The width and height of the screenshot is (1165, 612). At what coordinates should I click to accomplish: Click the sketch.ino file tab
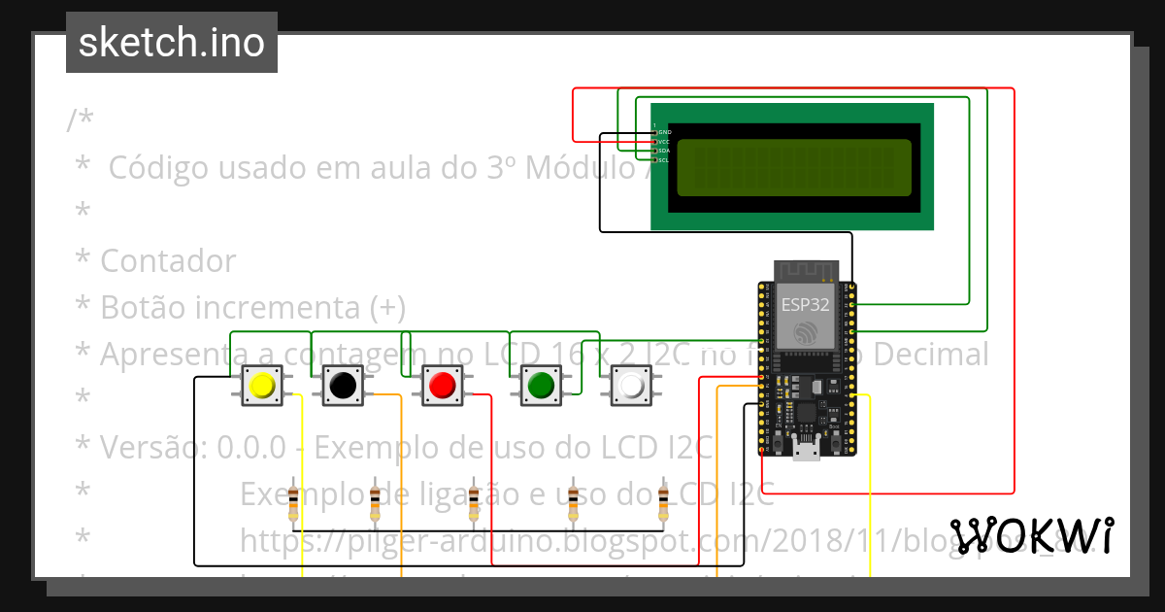(172, 43)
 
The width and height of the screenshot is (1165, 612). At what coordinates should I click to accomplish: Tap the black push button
(342, 386)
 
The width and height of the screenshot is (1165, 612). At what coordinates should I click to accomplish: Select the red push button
(442, 386)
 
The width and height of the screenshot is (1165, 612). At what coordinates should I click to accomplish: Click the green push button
(540, 386)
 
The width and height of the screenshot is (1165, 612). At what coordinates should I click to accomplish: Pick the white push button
(631, 386)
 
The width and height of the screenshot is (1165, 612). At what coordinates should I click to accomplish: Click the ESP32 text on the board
(806, 303)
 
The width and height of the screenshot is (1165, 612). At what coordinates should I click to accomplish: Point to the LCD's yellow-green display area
(793, 167)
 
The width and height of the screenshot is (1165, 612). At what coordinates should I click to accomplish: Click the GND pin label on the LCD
(664, 132)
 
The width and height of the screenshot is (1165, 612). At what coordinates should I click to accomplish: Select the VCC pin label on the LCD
(664, 142)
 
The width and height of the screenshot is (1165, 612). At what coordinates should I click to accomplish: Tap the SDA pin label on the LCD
(664, 151)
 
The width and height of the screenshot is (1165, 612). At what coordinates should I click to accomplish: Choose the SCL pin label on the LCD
(664, 159)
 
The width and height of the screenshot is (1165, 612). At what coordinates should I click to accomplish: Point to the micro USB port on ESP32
(806, 449)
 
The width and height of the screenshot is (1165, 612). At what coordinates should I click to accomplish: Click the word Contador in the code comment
(168, 261)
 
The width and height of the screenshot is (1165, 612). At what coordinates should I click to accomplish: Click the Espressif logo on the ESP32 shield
(806, 333)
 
